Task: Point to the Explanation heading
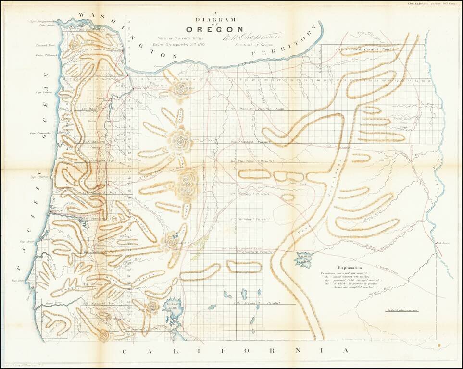tap(353, 268)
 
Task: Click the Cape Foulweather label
tap(40, 133)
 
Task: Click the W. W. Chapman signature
tap(245, 35)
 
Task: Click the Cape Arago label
tap(26, 242)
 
